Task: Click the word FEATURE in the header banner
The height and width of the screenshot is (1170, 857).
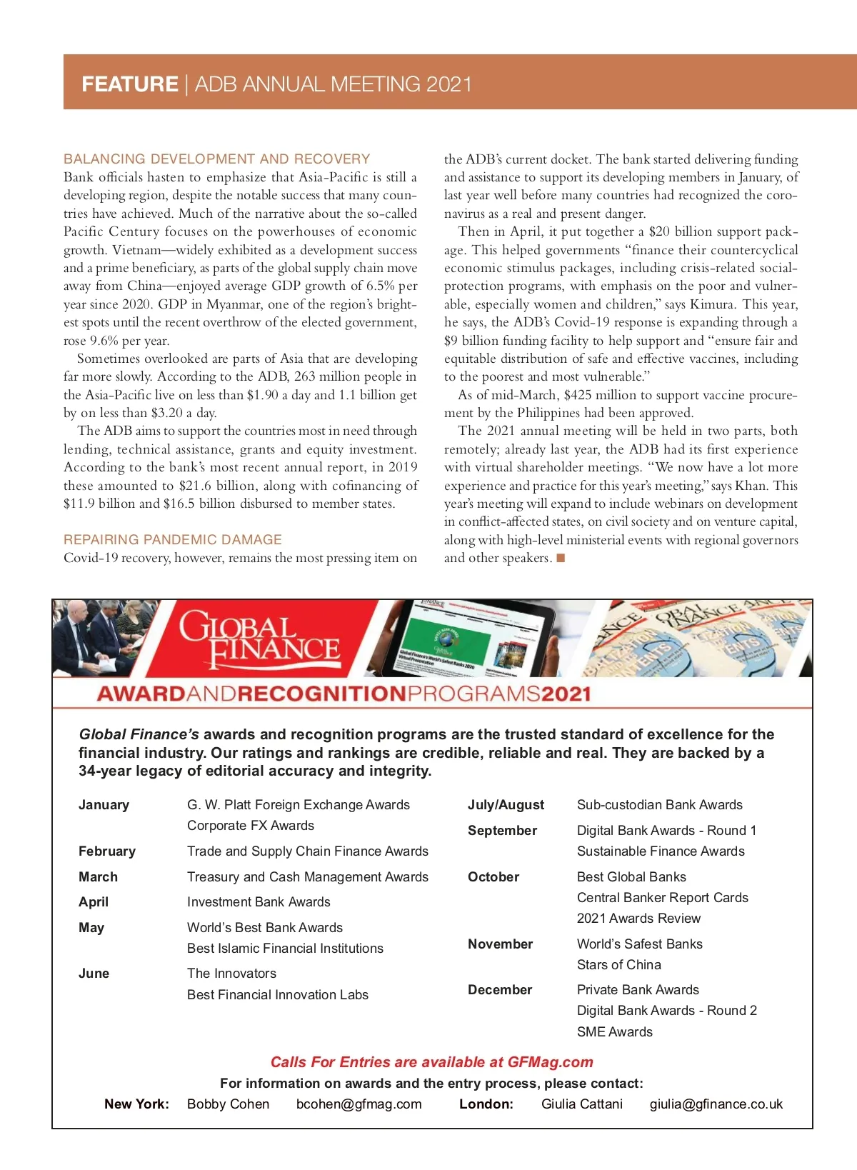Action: (x=129, y=84)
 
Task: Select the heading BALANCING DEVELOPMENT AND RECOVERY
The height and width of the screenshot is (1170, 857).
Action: (x=216, y=159)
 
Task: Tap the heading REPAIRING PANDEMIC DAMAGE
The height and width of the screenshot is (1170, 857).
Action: (x=172, y=539)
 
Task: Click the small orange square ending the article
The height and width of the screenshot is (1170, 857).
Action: (x=561, y=558)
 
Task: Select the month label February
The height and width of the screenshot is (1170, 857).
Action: (x=106, y=851)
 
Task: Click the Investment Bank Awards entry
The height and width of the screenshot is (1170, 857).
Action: (x=259, y=901)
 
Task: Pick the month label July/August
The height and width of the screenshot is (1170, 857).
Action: (x=506, y=805)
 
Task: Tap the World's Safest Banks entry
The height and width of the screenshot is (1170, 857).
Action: (x=639, y=944)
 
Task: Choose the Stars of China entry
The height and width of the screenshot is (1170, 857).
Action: (x=618, y=964)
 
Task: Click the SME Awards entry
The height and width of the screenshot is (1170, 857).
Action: (x=614, y=1031)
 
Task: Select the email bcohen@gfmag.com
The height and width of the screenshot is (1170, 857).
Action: (x=359, y=1104)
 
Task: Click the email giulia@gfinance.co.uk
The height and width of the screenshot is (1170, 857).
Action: (x=716, y=1104)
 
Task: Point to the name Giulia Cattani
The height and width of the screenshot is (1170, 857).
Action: (x=581, y=1104)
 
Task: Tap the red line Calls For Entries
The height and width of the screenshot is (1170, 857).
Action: (x=431, y=1062)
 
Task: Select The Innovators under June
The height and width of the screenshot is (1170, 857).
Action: (x=231, y=973)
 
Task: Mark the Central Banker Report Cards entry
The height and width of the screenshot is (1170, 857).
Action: (x=662, y=897)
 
